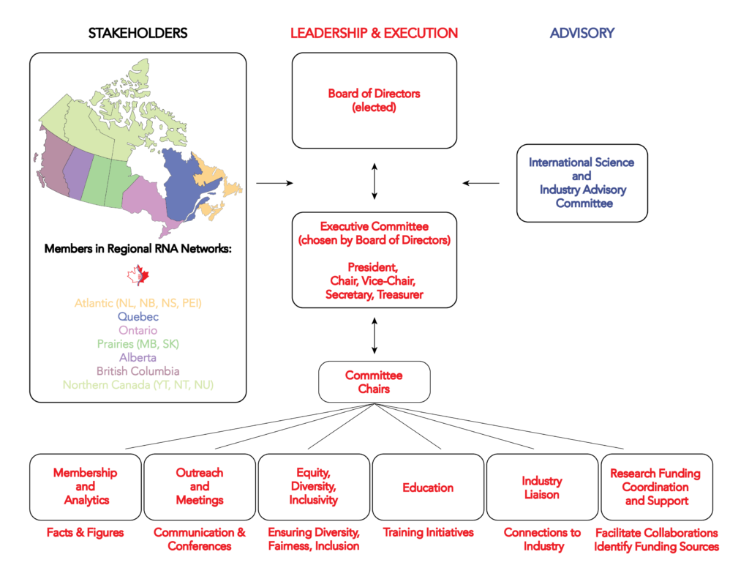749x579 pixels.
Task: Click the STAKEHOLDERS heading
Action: (x=138, y=33)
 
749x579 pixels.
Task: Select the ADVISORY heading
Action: (x=581, y=33)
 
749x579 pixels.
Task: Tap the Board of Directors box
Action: (x=374, y=100)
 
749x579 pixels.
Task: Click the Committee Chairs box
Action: (x=374, y=381)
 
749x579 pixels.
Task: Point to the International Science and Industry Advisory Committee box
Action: (x=582, y=183)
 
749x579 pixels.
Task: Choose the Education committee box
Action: (x=428, y=488)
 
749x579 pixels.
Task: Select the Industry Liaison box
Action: (x=542, y=488)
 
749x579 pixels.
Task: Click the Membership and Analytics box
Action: (x=86, y=488)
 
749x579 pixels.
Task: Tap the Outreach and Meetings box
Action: (x=200, y=488)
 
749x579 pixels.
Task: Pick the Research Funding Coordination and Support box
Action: (x=657, y=488)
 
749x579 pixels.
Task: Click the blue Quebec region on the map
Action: (x=184, y=187)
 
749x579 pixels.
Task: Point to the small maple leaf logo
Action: (x=138, y=275)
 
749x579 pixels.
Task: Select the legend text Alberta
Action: (x=138, y=358)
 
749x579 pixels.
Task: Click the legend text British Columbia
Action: (x=138, y=371)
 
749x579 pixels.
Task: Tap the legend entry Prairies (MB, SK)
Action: (x=138, y=344)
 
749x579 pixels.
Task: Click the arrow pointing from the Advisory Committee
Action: (x=481, y=183)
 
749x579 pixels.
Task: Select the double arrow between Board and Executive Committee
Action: (x=374, y=182)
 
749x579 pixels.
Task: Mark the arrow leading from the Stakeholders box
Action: (x=275, y=183)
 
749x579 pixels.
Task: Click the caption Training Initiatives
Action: (x=428, y=532)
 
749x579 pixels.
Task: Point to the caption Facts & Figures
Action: (x=86, y=532)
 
